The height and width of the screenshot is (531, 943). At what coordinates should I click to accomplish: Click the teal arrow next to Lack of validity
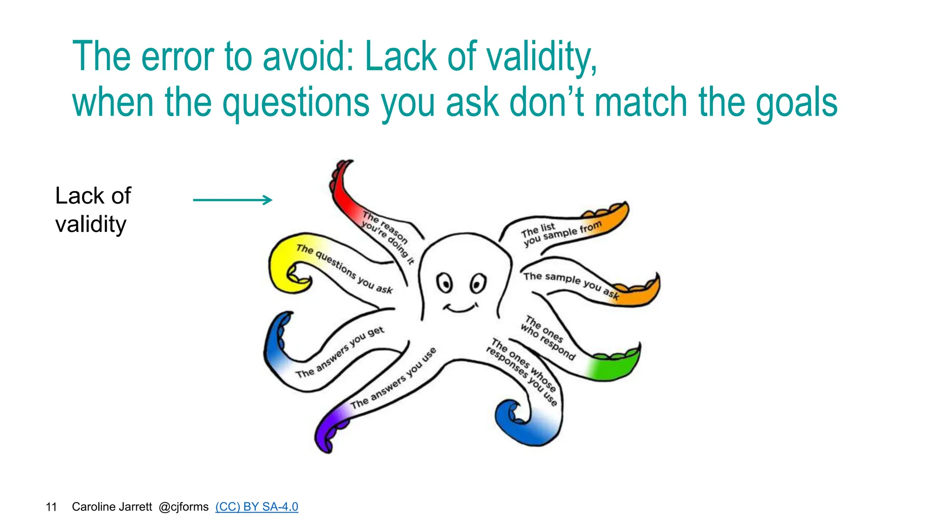(233, 200)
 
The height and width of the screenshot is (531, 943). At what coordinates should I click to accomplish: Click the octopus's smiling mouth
(460, 307)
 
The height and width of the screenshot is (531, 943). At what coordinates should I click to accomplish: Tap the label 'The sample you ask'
(571, 283)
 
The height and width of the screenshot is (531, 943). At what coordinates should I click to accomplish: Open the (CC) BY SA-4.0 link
(256, 507)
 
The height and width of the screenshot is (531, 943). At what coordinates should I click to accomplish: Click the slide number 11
(51, 507)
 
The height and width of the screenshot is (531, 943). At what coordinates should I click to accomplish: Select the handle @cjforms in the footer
(183, 507)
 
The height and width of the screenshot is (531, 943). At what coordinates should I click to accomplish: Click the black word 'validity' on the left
(91, 224)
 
